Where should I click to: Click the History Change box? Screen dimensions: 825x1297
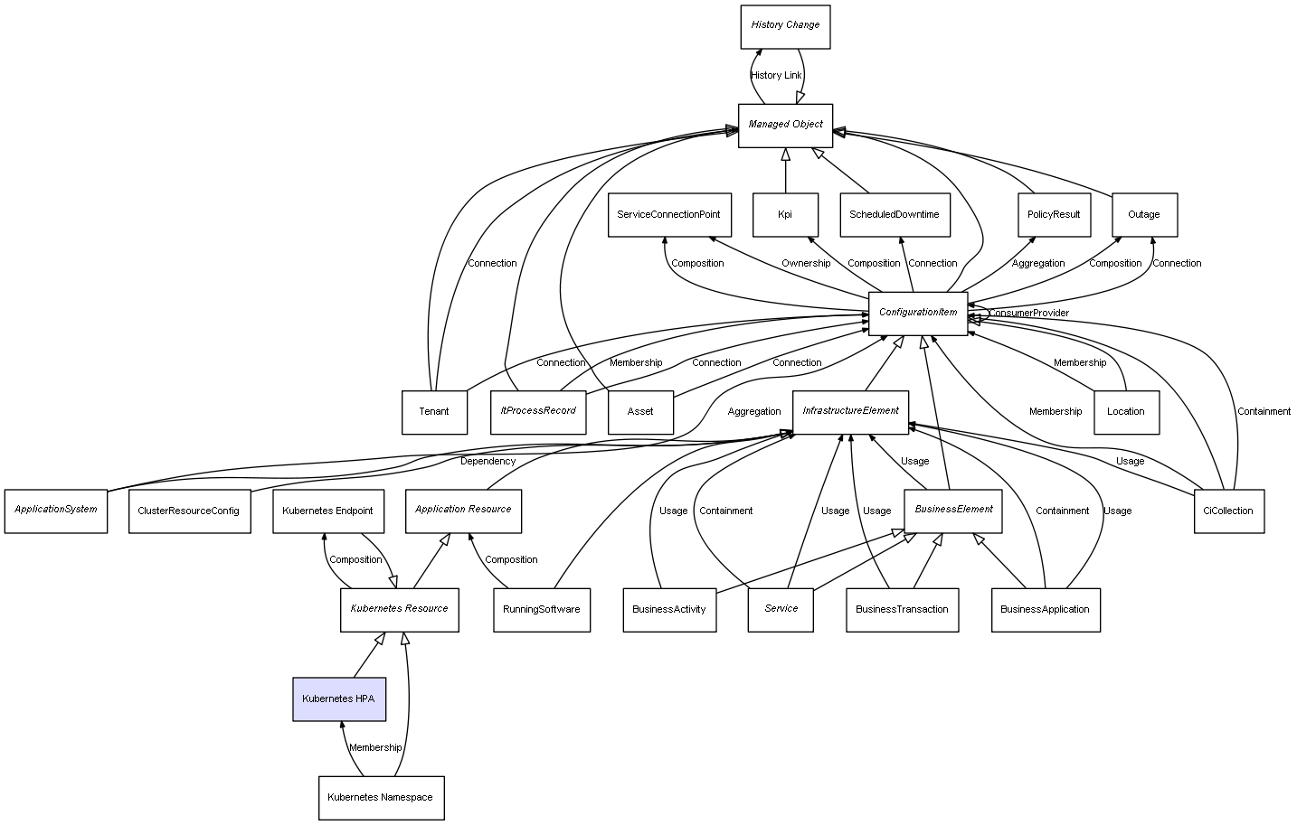tap(785, 26)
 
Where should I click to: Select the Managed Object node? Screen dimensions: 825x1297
tap(785, 125)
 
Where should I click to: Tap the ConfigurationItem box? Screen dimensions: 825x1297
tap(917, 313)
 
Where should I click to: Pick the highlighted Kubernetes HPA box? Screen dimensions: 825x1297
tap(339, 699)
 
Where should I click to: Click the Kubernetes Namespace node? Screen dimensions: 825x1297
tap(381, 798)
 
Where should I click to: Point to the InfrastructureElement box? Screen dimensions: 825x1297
tap(850, 411)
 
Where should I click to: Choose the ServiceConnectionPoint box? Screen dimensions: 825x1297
tap(668, 215)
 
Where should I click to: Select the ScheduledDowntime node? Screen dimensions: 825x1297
tap(894, 215)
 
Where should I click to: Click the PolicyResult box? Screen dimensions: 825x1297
tap(1054, 215)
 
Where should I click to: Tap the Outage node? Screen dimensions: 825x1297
tap(1144, 215)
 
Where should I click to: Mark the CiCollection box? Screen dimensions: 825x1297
tap(1228, 511)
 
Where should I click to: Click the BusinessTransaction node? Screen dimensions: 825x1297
tap(902, 610)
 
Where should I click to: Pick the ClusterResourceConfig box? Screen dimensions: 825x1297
tap(189, 511)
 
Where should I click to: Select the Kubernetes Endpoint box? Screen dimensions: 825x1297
tap(327, 511)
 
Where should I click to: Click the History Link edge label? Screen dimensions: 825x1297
tap(776, 76)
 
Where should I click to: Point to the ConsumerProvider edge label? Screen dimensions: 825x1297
tap(1028, 314)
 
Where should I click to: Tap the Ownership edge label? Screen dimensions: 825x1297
tap(806, 264)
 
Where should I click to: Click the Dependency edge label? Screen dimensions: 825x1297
tap(488, 462)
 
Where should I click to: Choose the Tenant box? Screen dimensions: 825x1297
tap(434, 412)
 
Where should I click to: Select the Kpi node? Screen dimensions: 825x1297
tap(785, 215)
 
